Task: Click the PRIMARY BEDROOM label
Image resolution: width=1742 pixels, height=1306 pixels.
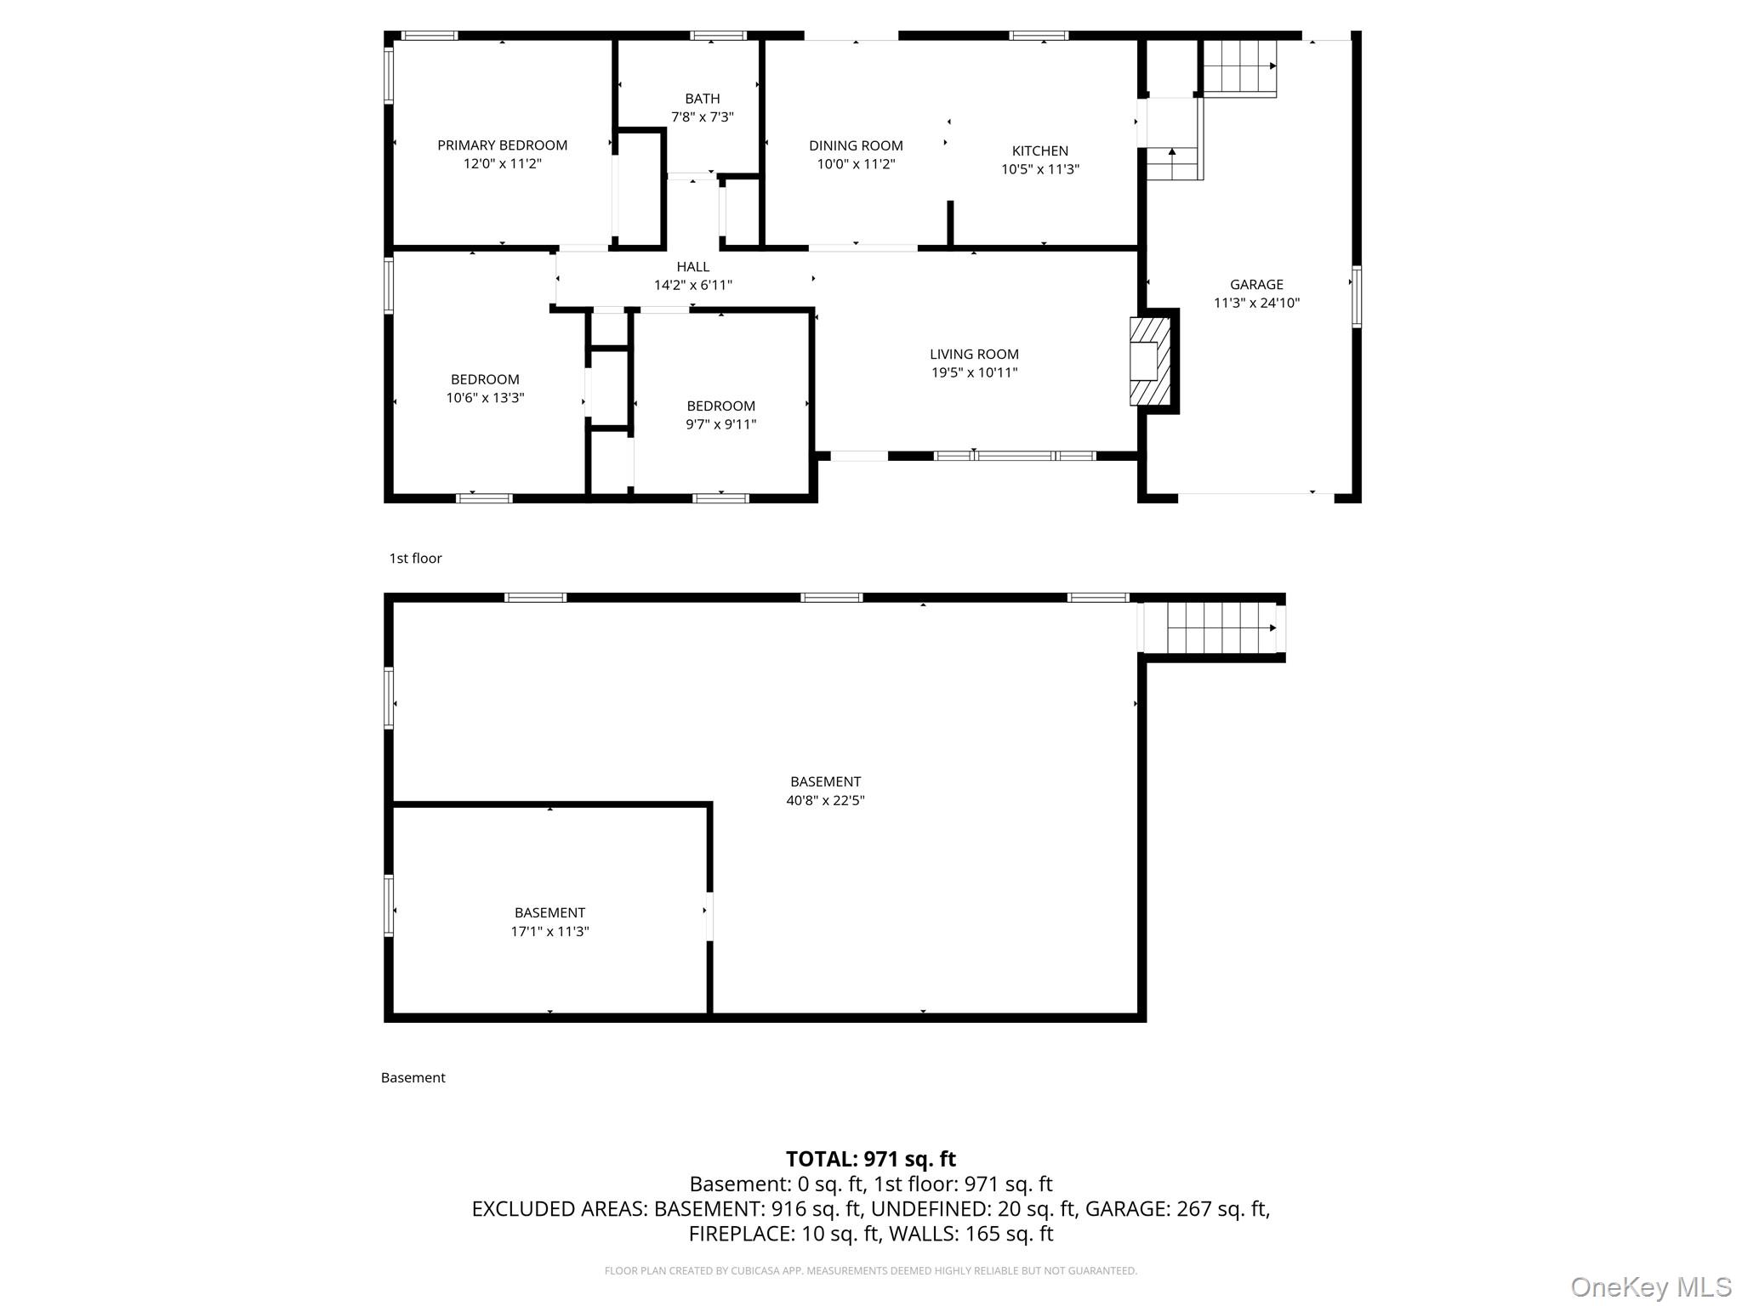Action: (502, 145)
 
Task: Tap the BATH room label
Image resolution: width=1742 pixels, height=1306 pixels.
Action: (703, 99)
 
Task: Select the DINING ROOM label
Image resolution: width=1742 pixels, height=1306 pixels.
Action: (856, 146)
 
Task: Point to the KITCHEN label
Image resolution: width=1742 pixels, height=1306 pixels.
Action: (1040, 151)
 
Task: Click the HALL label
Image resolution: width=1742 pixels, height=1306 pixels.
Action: (693, 267)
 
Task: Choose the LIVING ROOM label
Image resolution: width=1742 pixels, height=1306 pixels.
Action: (974, 355)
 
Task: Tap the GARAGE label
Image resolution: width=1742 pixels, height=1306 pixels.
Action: (1256, 285)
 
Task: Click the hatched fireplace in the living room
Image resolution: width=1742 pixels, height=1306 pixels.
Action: (1150, 361)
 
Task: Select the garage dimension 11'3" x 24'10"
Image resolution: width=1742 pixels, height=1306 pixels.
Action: (1256, 303)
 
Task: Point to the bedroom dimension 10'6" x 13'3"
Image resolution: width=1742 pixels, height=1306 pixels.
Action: (485, 398)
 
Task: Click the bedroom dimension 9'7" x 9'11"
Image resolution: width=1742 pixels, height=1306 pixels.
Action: (721, 424)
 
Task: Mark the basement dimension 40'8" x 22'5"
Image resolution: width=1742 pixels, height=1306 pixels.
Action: (825, 800)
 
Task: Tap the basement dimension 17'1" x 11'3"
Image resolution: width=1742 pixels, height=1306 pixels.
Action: (549, 931)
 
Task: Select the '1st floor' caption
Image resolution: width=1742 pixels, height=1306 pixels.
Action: (415, 559)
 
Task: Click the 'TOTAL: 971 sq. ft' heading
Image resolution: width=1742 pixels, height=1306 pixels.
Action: (870, 1159)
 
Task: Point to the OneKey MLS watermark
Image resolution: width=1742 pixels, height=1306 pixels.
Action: (1651, 1287)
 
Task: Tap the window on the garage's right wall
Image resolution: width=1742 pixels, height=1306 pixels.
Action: (1357, 297)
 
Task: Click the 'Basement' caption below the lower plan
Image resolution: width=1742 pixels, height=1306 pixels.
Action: (413, 1078)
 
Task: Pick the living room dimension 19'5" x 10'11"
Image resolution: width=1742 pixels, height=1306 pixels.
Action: (974, 372)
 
